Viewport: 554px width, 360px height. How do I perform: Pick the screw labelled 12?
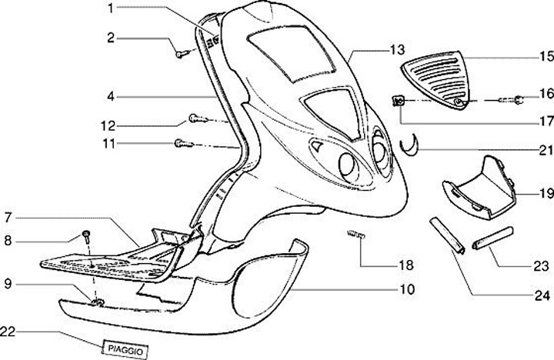point(195,119)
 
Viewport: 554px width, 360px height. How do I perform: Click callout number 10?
point(407,290)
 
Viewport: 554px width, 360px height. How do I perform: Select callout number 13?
point(397,49)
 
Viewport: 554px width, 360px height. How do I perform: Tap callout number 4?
point(111,98)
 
